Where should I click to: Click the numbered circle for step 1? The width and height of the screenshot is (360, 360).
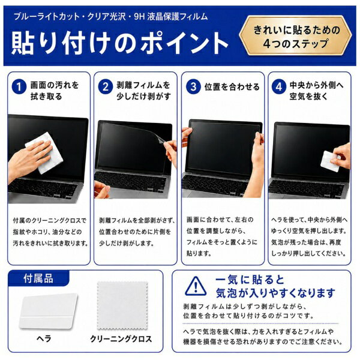click(19, 86)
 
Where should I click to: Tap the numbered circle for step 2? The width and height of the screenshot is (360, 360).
click(106, 86)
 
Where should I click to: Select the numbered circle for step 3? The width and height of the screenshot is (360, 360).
click(193, 86)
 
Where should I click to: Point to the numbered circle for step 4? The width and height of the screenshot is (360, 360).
click(279, 86)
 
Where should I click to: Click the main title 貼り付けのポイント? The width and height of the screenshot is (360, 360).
click(119, 43)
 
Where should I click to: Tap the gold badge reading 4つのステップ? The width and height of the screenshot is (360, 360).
click(296, 36)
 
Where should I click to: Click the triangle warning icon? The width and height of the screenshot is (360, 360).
click(196, 286)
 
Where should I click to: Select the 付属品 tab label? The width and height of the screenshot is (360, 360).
click(38, 278)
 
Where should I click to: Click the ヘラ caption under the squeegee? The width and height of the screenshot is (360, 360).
click(44, 338)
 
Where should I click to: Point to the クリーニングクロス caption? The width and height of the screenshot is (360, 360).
click(121, 338)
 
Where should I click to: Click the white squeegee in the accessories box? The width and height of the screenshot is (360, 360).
click(48, 311)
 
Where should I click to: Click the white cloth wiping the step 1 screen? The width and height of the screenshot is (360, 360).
click(45, 153)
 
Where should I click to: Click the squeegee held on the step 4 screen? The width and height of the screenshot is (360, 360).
click(330, 161)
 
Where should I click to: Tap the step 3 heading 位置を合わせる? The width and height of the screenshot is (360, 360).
click(232, 87)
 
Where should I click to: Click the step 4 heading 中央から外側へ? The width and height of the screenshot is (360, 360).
click(317, 85)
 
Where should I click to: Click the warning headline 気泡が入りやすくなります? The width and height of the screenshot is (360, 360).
click(275, 293)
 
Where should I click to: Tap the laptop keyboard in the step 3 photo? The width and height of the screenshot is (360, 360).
click(213, 185)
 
